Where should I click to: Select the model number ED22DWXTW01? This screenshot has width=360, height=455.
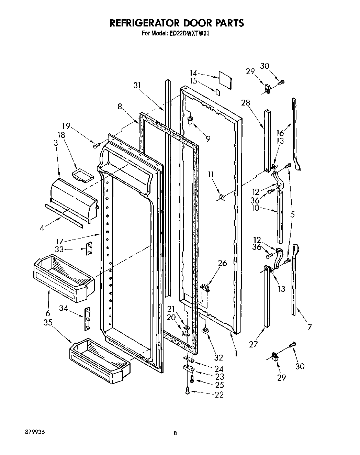pyautogui.click(x=189, y=34)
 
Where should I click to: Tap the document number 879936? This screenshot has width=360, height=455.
pyautogui.click(x=34, y=431)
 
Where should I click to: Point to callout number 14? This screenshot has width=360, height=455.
pyautogui.click(x=193, y=73)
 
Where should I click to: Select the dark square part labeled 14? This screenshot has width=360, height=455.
pyautogui.click(x=225, y=80)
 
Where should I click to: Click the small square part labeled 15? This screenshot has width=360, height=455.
pyautogui.click(x=217, y=91)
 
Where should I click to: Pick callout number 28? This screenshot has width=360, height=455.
pyautogui.click(x=246, y=102)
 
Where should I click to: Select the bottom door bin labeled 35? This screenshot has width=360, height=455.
pyautogui.click(x=100, y=359)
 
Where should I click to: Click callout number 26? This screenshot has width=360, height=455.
pyautogui.click(x=223, y=263)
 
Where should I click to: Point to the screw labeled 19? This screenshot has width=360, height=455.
pyautogui.click(x=95, y=146)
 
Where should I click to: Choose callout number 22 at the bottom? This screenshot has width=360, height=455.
pyautogui.click(x=219, y=395)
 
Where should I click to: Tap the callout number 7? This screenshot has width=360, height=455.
pyautogui.click(x=310, y=327)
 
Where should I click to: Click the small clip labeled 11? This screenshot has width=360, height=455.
pyautogui.click(x=222, y=197)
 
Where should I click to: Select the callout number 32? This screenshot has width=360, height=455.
pyautogui.click(x=218, y=357)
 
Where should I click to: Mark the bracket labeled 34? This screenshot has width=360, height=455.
pyautogui.click(x=87, y=319)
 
